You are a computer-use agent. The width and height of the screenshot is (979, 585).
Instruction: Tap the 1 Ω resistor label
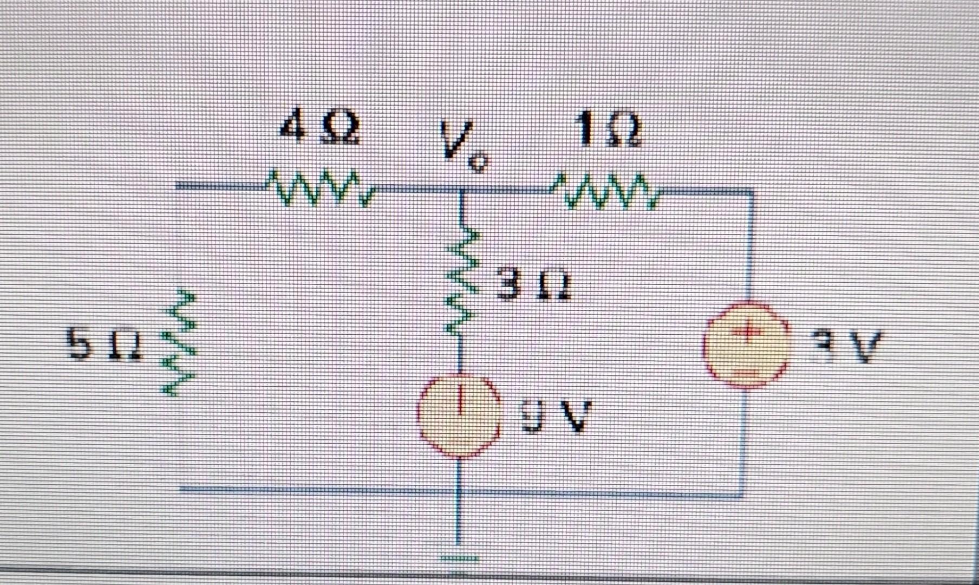coord(609,132)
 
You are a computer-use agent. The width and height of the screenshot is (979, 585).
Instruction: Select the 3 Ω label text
coord(534,286)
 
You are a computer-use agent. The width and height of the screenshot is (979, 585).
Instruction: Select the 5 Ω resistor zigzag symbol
coord(179,343)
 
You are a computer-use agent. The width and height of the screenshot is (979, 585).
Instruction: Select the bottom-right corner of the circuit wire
coord(743,494)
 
